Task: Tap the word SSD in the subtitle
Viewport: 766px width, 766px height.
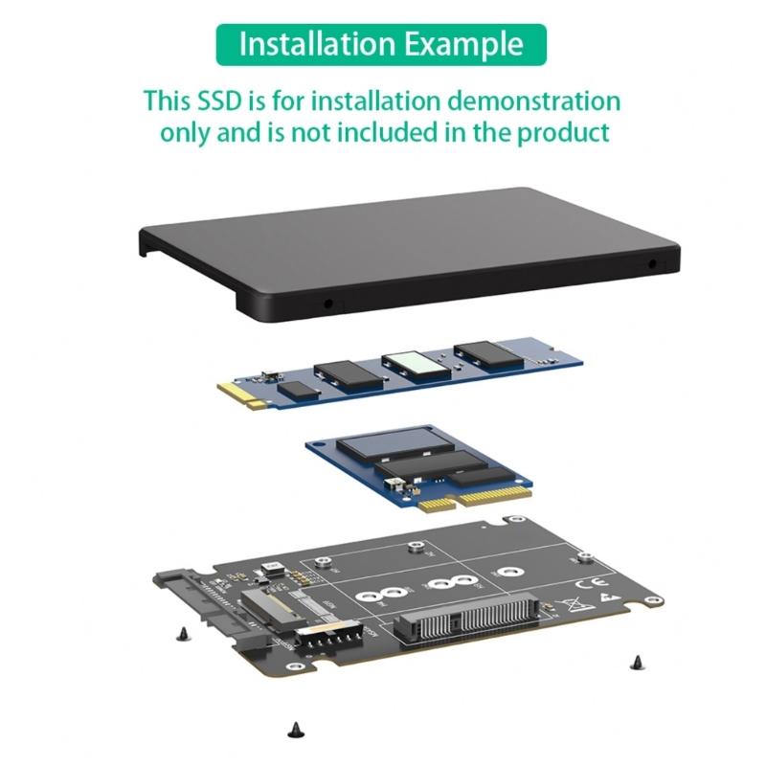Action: tap(221, 101)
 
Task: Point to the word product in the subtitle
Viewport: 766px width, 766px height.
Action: tap(563, 132)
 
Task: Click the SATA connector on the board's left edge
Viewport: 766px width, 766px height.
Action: tap(191, 598)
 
